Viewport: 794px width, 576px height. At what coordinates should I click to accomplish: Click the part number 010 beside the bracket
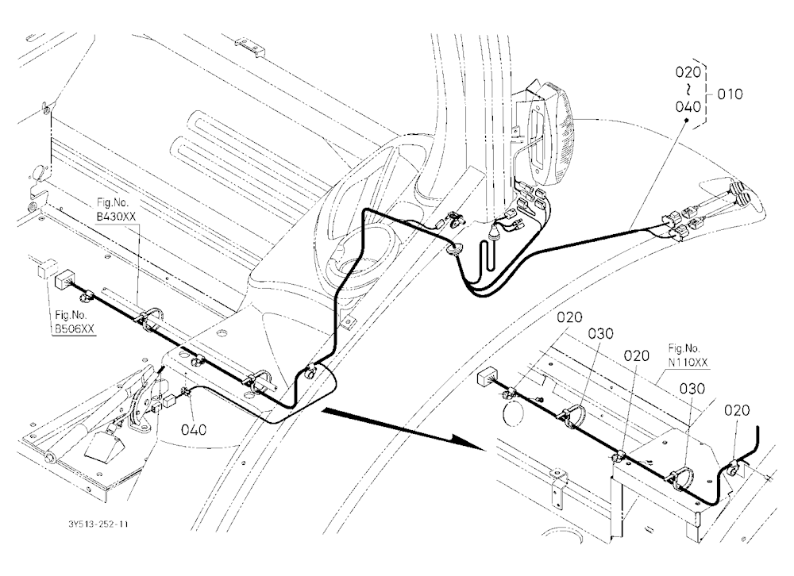click(730, 94)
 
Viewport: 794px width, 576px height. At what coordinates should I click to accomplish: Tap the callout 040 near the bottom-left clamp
click(194, 430)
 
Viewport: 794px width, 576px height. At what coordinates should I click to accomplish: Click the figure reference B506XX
click(75, 329)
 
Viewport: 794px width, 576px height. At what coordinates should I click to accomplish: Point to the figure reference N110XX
click(688, 363)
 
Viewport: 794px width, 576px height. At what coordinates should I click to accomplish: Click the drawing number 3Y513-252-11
click(98, 524)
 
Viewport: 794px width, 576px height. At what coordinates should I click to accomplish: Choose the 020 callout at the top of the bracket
click(688, 72)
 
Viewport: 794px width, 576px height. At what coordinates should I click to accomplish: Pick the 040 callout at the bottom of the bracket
click(688, 107)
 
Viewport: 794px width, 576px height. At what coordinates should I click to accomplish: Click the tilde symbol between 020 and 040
click(688, 90)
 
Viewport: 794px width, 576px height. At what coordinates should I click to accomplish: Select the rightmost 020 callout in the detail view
click(736, 410)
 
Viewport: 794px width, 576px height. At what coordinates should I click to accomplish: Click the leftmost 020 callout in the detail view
click(569, 318)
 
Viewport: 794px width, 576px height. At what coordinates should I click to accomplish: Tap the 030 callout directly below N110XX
click(692, 389)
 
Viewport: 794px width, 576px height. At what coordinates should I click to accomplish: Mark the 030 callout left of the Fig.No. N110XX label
click(600, 333)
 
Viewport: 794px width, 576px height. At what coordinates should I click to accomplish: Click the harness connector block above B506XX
click(64, 279)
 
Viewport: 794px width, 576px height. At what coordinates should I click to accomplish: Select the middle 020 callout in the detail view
click(636, 355)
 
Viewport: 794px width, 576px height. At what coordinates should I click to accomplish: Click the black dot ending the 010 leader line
click(686, 120)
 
